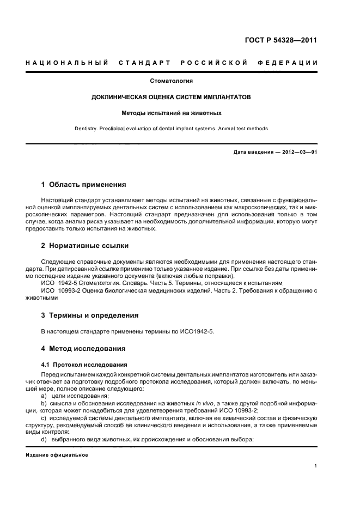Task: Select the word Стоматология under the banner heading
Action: coord(172,81)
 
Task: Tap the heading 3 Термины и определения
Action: coord(90,315)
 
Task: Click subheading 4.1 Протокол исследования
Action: coord(84,364)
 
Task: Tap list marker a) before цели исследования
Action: coord(44,396)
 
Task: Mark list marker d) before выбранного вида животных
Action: coord(44,439)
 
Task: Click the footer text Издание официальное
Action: coord(57,454)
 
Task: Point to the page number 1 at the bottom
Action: coord(316,466)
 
